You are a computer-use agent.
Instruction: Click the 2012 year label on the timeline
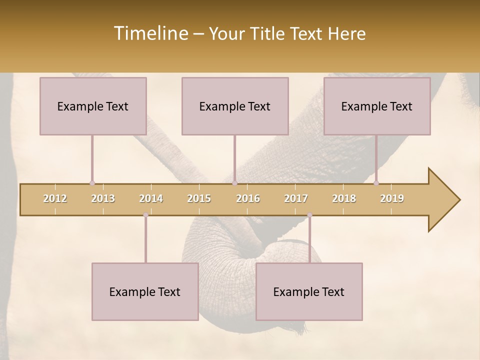point(55,198)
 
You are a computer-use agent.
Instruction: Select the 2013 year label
point(103,198)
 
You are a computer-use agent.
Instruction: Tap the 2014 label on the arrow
point(151,198)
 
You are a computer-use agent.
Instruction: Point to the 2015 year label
point(199,198)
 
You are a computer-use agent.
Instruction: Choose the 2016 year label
point(248,198)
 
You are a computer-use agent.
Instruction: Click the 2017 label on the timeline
point(296,198)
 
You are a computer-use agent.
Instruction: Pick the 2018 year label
point(344,198)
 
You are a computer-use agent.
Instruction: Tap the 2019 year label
point(392,198)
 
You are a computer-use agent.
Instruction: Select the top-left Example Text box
point(93,106)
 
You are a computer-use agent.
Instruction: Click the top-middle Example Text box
point(235,106)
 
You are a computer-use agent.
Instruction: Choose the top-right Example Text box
point(377,106)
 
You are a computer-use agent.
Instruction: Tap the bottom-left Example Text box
point(145,291)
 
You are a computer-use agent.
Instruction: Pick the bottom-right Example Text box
point(309,291)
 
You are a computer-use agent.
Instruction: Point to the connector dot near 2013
point(92,183)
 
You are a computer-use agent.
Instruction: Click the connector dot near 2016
point(234,183)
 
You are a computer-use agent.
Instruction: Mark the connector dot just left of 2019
point(376,183)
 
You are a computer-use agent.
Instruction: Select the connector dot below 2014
point(145,215)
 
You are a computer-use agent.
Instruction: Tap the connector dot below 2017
point(309,215)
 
